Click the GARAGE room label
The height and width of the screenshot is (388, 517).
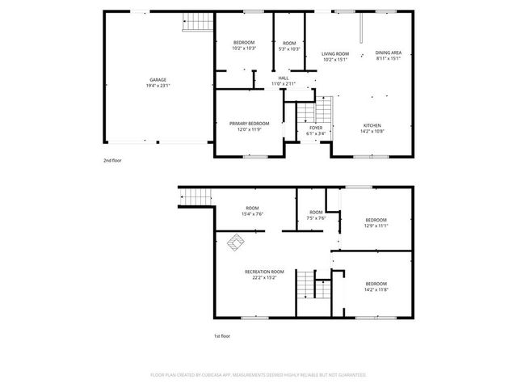158,80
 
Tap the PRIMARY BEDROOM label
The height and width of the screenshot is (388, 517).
254,124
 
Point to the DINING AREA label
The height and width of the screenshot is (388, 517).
389,54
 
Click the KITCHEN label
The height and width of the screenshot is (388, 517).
372,124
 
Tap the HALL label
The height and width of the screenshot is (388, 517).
283,78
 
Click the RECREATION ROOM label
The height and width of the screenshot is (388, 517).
265,272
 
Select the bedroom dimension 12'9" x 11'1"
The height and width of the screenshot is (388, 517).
376,226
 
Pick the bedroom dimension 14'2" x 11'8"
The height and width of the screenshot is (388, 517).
376,289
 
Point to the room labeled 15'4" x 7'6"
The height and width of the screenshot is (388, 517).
253,214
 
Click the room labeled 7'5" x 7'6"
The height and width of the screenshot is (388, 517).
316,217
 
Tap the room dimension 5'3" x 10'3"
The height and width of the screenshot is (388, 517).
289,48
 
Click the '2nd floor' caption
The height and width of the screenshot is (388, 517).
112,161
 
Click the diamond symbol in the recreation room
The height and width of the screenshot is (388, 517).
237,241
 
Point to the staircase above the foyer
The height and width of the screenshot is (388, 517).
323,108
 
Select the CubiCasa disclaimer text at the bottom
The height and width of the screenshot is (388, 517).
258,375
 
